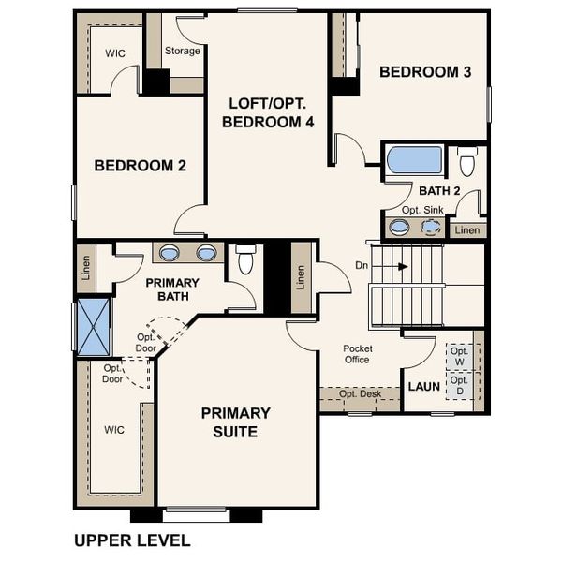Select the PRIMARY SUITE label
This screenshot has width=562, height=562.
[x=236, y=422]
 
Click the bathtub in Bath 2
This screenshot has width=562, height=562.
[x=414, y=160]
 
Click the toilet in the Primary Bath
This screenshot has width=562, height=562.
[x=246, y=259]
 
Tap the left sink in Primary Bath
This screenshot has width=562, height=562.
[x=170, y=253]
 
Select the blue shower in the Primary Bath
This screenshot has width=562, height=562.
[x=94, y=326]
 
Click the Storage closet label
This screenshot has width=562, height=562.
[x=183, y=51]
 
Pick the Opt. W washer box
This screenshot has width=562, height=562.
[x=459, y=356]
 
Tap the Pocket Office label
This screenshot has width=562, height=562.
[x=357, y=354]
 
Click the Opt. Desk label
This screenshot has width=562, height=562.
[x=360, y=393]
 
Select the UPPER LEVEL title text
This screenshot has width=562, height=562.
[x=131, y=540]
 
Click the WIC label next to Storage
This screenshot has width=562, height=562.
[x=114, y=53]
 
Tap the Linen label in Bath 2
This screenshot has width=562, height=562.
[x=467, y=229]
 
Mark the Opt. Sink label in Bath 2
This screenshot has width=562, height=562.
[x=421, y=210]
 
